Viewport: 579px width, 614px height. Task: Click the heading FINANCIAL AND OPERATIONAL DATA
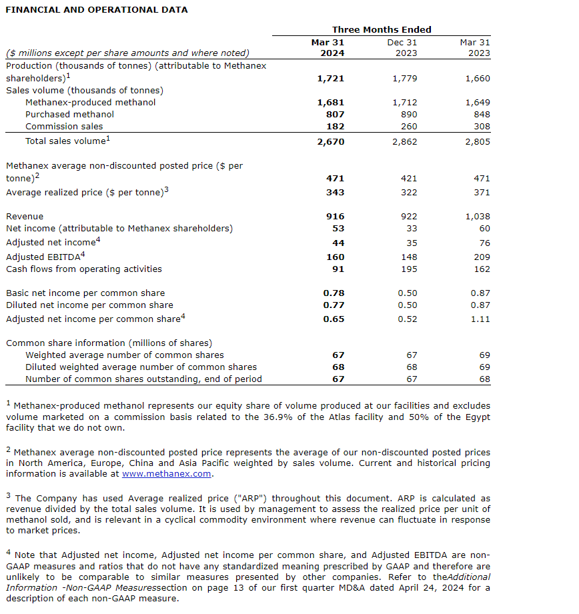(97, 9)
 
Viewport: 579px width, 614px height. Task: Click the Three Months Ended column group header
(382, 29)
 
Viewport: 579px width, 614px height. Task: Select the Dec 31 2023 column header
(402, 47)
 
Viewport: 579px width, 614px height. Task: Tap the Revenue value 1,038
(478, 217)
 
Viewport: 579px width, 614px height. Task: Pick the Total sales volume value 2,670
(331, 142)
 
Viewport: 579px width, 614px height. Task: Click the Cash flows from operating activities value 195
(410, 269)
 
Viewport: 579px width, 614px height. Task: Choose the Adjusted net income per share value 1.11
(480, 319)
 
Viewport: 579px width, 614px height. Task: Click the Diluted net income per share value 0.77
(334, 305)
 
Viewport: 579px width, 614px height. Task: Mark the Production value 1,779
(406, 79)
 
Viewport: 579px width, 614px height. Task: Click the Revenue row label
(25, 217)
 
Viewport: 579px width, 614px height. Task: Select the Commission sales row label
(64, 127)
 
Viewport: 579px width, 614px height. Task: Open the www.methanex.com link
(167, 474)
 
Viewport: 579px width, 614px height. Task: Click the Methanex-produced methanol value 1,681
(331, 103)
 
